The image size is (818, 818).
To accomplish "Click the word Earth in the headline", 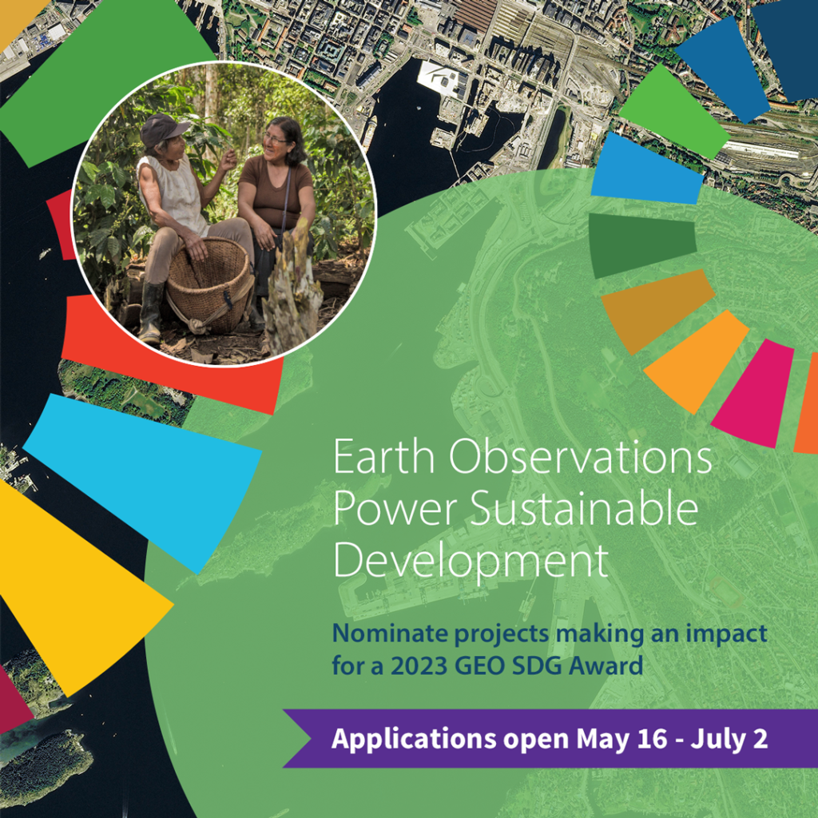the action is [383, 456].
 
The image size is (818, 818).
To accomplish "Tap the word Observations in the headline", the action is [580, 456].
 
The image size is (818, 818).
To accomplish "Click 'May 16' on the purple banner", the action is [621, 739].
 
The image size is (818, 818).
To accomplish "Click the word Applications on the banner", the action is [414, 740].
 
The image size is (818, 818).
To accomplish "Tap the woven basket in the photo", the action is [208, 285].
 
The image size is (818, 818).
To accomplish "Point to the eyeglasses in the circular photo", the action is [275, 139].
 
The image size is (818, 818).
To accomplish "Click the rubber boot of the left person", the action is [151, 312].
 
